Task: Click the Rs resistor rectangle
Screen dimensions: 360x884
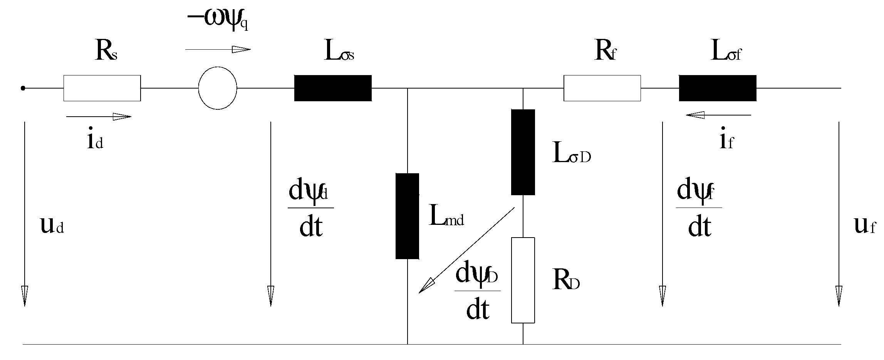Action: pyautogui.click(x=102, y=88)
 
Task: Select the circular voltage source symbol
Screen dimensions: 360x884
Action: pyautogui.click(x=218, y=88)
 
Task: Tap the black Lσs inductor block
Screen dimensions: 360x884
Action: pyautogui.click(x=333, y=88)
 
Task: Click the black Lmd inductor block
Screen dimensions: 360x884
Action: pyautogui.click(x=407, y=216)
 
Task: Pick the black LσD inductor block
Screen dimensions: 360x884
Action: pyautogui.click(x=523, y=152)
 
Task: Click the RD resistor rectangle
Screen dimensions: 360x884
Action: pyautogui.click(x=523, y=280)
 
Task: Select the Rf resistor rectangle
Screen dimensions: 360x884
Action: pyautogui.click(x=602, y=88)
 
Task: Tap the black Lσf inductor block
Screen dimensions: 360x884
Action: pyautogui.click(x=718, y=88)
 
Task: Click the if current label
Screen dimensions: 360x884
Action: pyautogui.click(x=726, y=142)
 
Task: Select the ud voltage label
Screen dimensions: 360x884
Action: pyautogui.click(x=52, y=226)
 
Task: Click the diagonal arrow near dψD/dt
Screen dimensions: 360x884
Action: pyautogui.click(x=466, y=250)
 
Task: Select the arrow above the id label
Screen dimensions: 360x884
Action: pyautogui.click(x=99, y=116)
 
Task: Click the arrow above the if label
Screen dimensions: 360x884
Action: pyautogui.click(x=718, y=115)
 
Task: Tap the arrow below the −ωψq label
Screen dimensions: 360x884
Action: pyautogui.click(x=218, y=49)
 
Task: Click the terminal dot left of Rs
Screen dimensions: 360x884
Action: pyautogui.click(x=23, y=88)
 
